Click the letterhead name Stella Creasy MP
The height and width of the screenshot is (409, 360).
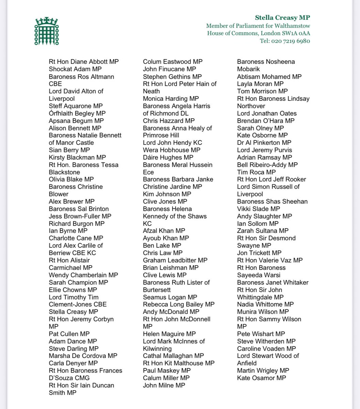[282, 18]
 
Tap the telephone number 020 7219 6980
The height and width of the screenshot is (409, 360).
[291, 41]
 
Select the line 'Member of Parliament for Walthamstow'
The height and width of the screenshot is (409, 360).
[258, 26]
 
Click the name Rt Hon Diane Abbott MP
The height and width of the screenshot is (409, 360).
[84, 62]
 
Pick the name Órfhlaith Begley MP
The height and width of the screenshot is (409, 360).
[77, 113]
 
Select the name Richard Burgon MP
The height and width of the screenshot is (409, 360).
[77, 224]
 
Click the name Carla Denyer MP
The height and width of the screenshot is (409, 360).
[73, 363]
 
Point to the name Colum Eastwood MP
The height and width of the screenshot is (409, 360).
[173, 62]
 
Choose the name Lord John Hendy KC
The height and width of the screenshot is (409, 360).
[172, 143]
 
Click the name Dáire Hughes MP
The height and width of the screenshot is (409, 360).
[168, 157]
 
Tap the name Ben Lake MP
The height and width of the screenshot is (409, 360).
[162, 245]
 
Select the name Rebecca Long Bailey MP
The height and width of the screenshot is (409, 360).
[179, 304]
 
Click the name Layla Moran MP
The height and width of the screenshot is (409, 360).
[260, 84]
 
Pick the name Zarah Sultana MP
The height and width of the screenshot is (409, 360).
[263, 231]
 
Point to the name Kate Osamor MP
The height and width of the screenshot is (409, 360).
[262, 378]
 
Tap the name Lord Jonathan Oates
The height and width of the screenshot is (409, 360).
[267, 113]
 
